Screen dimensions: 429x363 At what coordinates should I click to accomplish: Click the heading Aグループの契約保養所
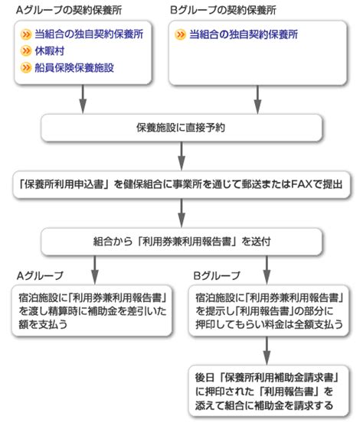[x=63, y=10]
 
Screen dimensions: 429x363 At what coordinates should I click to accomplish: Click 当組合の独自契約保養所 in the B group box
[x=253, y=35]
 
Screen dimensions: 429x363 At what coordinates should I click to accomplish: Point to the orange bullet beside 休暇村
[x=26, y=51]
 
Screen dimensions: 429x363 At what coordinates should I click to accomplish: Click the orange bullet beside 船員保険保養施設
[x=26, y=68]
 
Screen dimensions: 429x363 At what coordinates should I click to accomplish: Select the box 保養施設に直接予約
[x=181, y=128]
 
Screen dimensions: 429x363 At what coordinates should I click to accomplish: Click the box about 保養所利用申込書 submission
[x=181, y=184]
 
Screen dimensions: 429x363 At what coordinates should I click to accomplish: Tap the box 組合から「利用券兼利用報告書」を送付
[x=181, y=241]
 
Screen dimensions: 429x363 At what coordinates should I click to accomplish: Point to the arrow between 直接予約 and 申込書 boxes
[x=181, y=157]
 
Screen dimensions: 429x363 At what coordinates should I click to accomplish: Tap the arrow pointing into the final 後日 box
[x=267, y=350]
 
